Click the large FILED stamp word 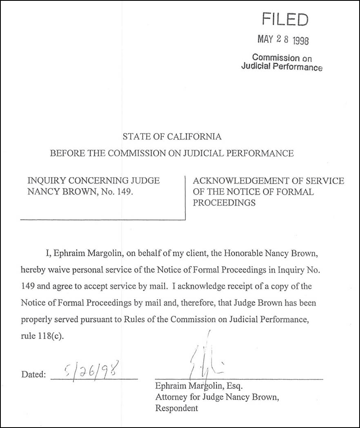tap(285, 19)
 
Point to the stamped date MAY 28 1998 tap(283, 40)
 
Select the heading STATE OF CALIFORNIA tap(172, 137)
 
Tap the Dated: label tap(33, 374)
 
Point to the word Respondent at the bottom tap(176, 408)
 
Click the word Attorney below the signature tap(171, 397)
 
